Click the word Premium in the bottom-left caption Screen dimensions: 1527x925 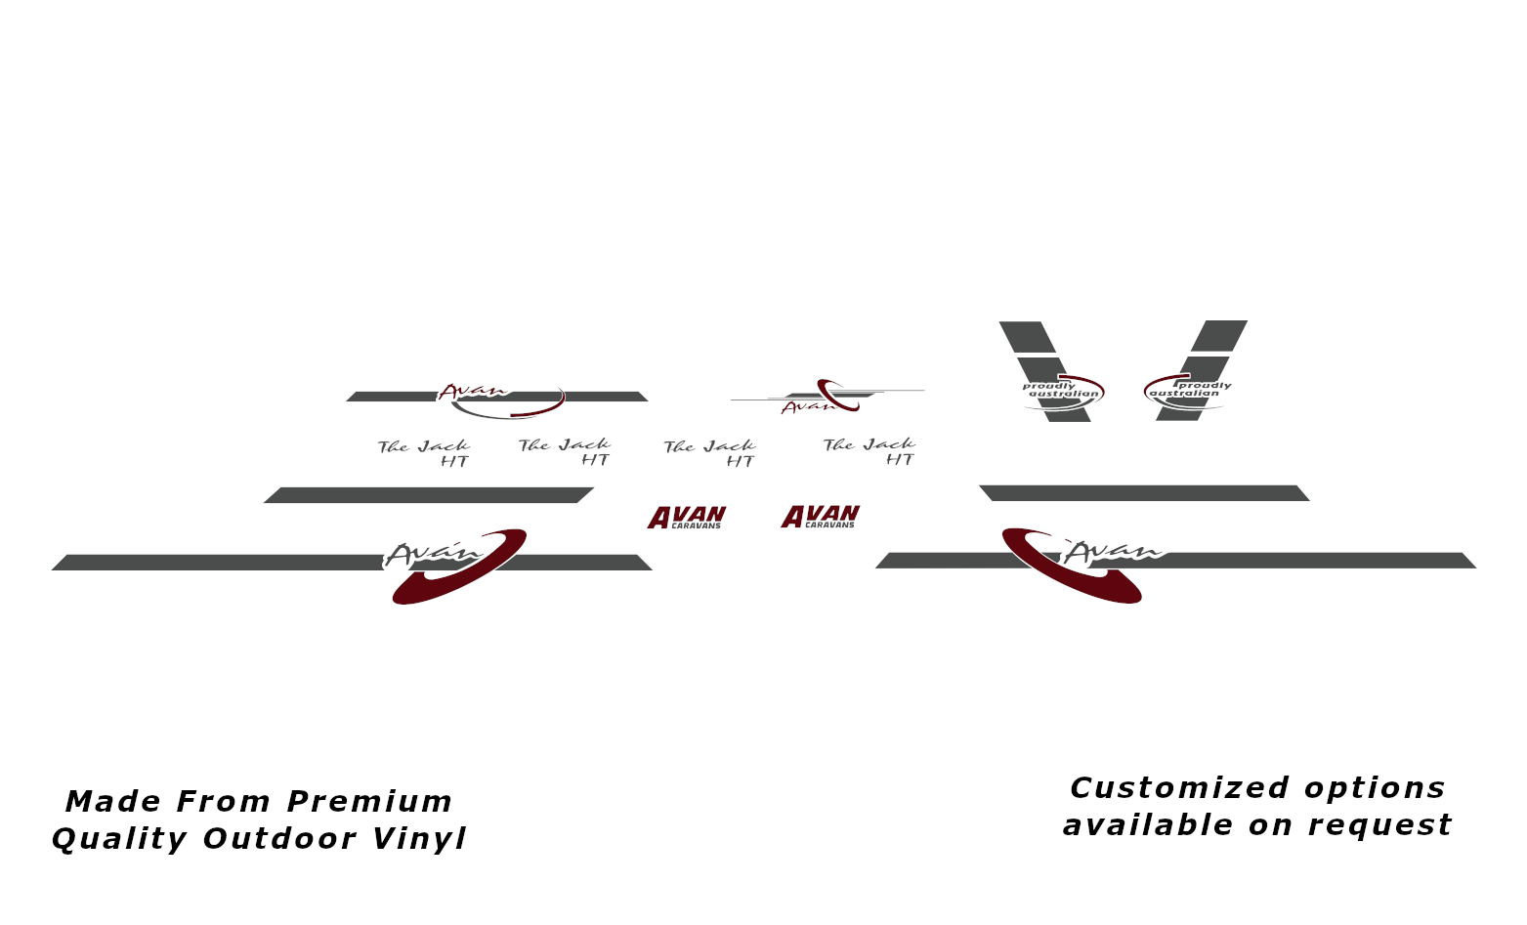(369, 801)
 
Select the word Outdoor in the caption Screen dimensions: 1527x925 (279, 838)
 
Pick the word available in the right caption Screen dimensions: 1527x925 (1148, 824)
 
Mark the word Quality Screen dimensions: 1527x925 (119, 839)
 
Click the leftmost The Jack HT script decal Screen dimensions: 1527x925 (424, 453)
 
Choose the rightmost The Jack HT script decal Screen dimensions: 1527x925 (869, 451)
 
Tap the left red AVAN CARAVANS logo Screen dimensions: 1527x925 (687, 518)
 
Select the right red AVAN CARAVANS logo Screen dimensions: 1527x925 (820, 516)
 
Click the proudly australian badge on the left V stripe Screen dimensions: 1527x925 (1063, 392)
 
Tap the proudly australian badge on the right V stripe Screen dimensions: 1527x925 (1187, 391)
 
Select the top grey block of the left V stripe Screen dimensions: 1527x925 (1028, 337)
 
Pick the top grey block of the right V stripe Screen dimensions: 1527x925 (1219, 336)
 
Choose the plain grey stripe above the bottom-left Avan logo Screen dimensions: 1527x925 (429, 495)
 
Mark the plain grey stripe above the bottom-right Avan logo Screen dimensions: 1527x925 (1144, 493)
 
